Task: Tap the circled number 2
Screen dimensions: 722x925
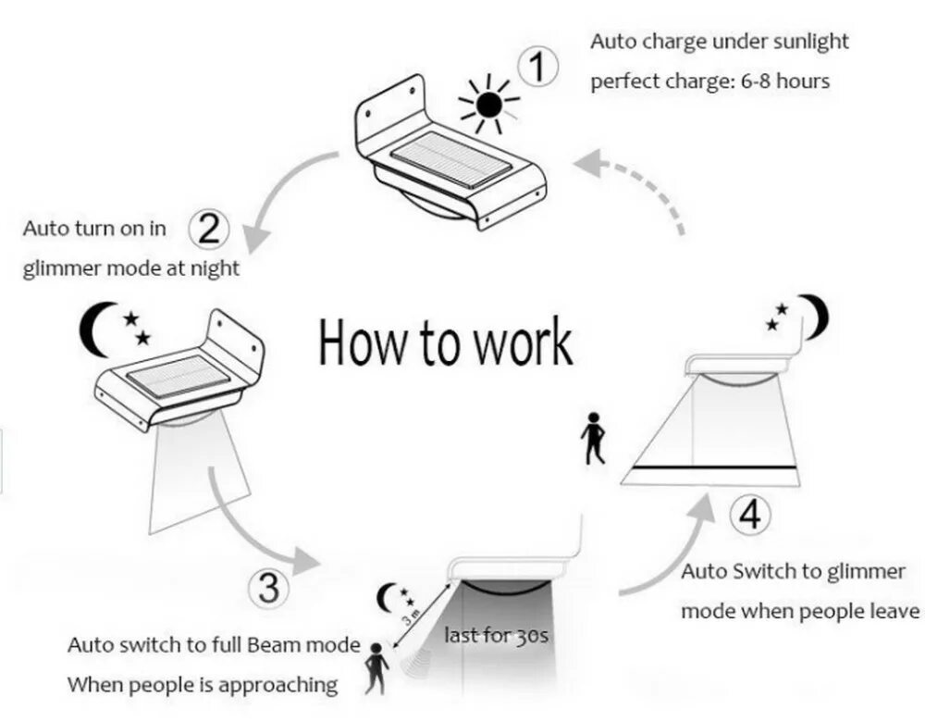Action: [x=210, y=228]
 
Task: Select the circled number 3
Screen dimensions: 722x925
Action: [x=268, y=588]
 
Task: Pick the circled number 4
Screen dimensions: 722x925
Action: [x=751, y=515]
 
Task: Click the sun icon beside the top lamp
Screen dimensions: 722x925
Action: [x=489, y=101]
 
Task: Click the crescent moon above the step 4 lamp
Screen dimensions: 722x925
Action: [x=814, y=316]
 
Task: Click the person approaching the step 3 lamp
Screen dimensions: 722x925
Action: [x=374, y=667]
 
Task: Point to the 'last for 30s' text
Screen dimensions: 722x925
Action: [x=495, y=636]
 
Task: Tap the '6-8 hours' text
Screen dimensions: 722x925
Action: [x=785, y=81]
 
